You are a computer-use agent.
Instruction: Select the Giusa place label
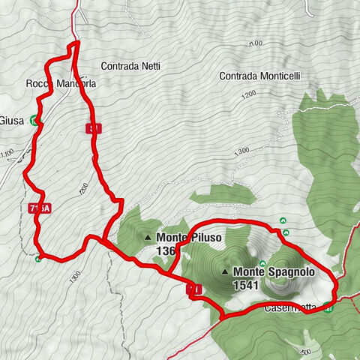click(x=12, y=120)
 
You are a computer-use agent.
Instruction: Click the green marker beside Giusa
click(x=34, y=120)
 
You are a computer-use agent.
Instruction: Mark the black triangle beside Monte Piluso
click(x=147, y=238)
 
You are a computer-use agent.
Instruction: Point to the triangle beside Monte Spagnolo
click(x=224, y=271)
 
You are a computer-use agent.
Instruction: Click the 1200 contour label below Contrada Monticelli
click(x=249, y=96)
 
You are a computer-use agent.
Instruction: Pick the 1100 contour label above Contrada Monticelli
click(x=255, y=43)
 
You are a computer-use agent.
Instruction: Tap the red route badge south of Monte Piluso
click(x=193, y=289)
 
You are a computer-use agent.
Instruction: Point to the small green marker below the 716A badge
click(x=38, y=259)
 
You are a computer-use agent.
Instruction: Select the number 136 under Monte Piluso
click(x=166, y=251)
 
